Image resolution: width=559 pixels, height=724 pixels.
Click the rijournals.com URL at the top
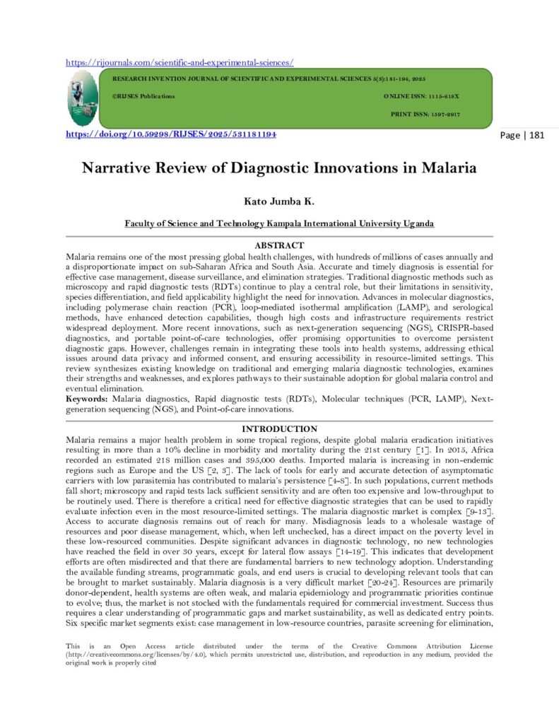pyautogui.click(x=180, y=62)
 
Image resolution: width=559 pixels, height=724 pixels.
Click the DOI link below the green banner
pyautogui.click(x=170, y=134)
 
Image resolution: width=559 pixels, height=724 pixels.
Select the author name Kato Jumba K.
pyautogui.click(x=279, y=202)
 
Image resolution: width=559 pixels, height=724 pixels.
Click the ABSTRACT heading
pyautogui.click(x=279, y=245)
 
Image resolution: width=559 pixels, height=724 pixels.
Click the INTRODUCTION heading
pyautogui.click(x=279, y=429)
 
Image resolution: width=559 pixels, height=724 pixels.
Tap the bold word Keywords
pyautogui.click(x=87, y=399)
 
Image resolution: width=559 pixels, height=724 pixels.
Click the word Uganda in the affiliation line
pyautogui.click(x=416, y=223)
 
